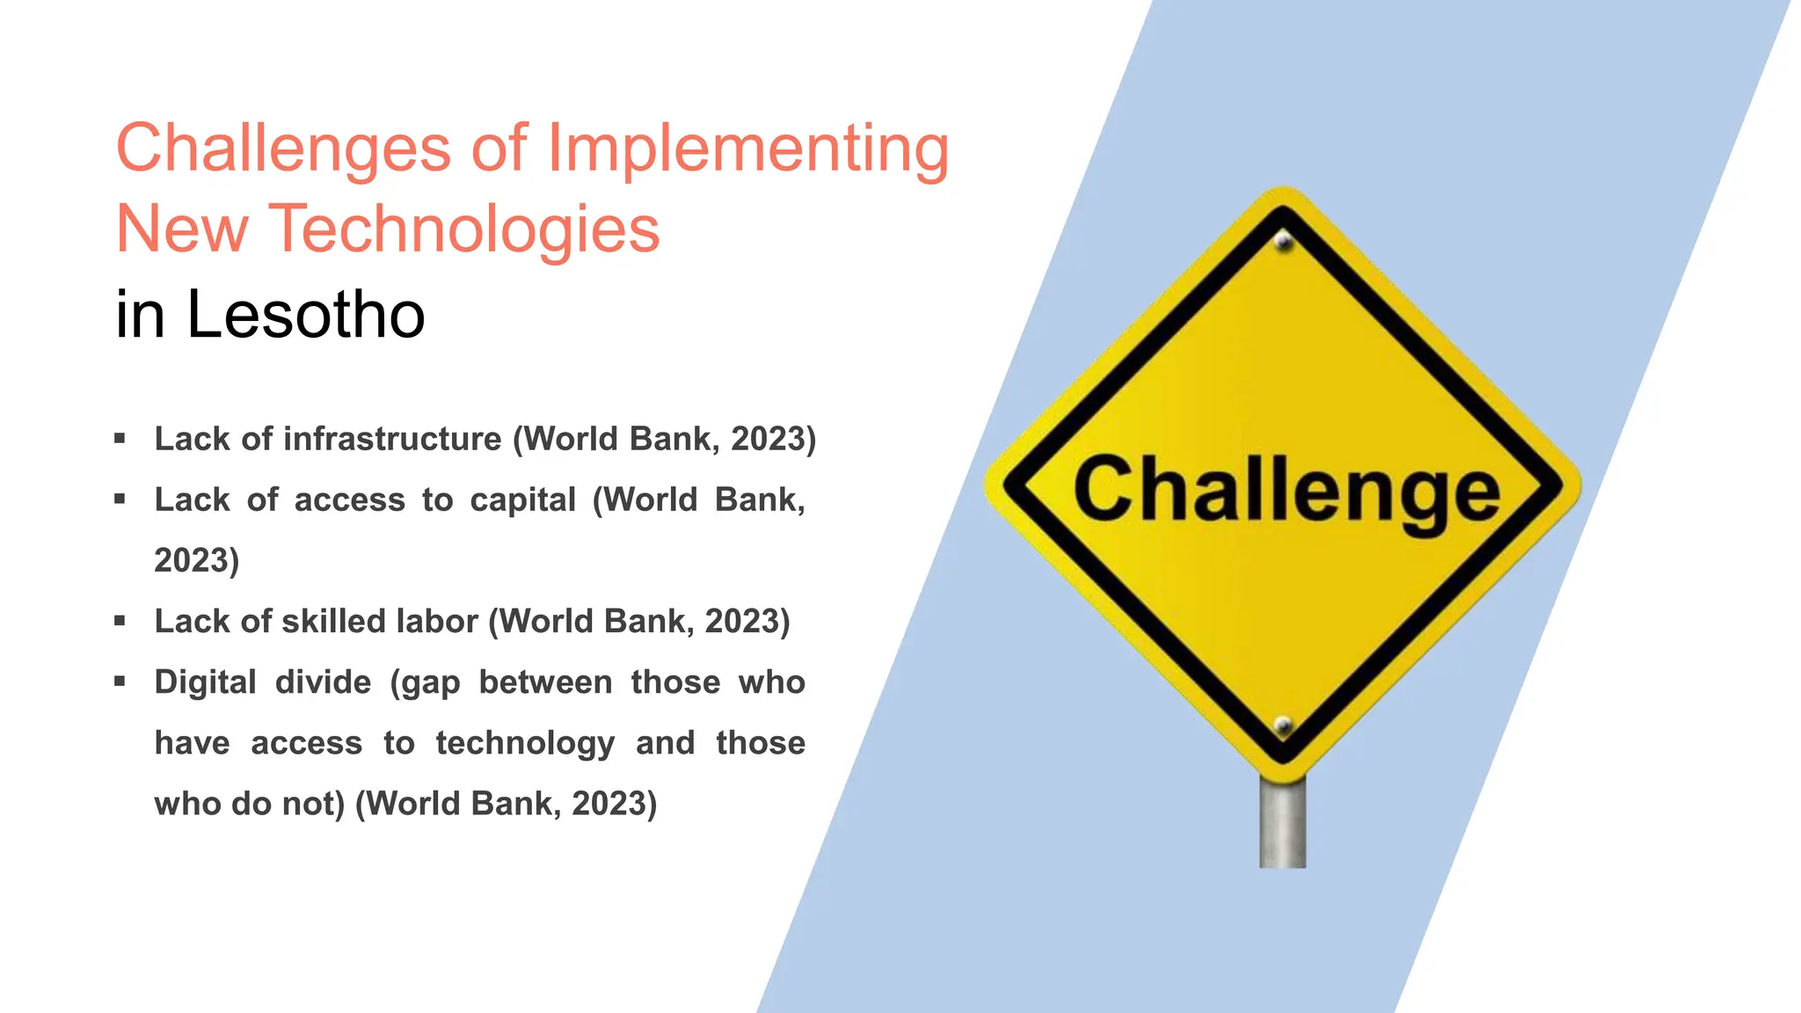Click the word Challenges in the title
pyautogui.click(x=283, y=149)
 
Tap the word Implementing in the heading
pyautogui.click(x=747, y=149)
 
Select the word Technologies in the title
pyautogui.click(x=463, y=229)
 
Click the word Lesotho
pyautogui.click(x=305, y=314)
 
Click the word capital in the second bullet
pyautogui.click(x=522, y=499)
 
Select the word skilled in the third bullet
pyautogui.click(x=335, y=621)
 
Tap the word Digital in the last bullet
pyautogui.click(x=205, y=682)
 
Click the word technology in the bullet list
pyautogui.click(x=525, y=744)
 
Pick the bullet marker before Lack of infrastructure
pyautogui.click(x=120, y=438)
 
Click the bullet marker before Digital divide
pyautogui.click(x=120, y=681)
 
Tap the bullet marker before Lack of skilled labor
pyautogui.click(x=120, y=620)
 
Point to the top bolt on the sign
pyautogui.click(x=1284, y=240)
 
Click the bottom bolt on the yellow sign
pyautogui.click(x=1283, y=725)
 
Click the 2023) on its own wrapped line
pyautogui.click(x=196, y=560)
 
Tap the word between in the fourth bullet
pyautogui.click(x=545, y=682)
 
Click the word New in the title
pyautogui.click(x=182, y=229)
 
